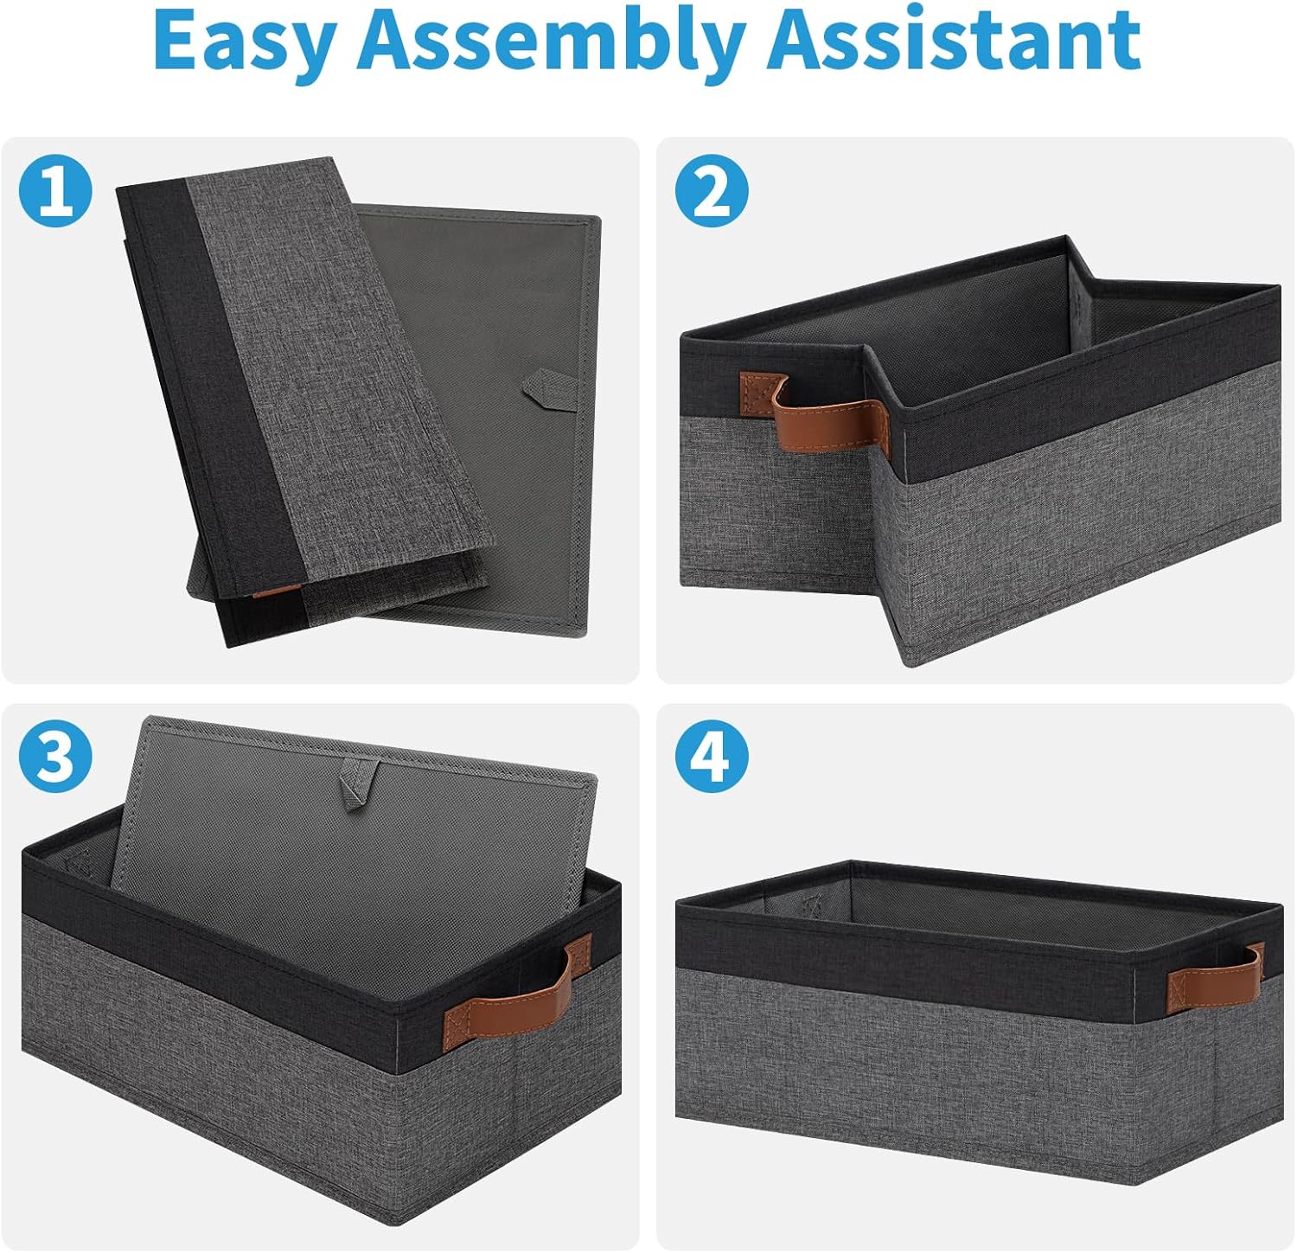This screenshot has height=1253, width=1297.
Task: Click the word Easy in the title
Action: [x=243, y=42]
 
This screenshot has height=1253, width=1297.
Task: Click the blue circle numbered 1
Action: [x=55, y=192]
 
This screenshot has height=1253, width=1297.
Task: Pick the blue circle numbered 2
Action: [x=712, y=192]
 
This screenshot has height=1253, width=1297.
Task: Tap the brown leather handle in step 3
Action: [x=519, y=990]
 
